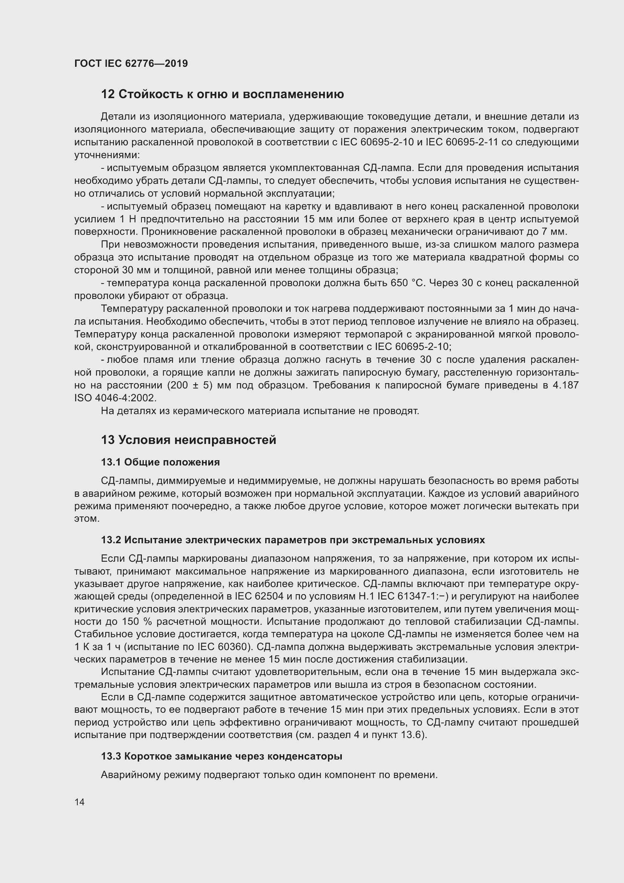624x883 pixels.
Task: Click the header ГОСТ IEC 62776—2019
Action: click(131, 63)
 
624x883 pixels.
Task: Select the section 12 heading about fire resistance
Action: click(222, 94)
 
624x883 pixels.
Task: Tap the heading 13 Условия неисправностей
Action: click(188, 439)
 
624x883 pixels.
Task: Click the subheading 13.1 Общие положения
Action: click(160, 462)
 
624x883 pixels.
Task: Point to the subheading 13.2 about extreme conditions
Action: click(293, 540)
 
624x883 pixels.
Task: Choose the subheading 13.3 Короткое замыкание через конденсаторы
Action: click(221, 756)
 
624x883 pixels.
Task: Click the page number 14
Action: click(80, 802)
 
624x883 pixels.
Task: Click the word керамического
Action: click(210, 411)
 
